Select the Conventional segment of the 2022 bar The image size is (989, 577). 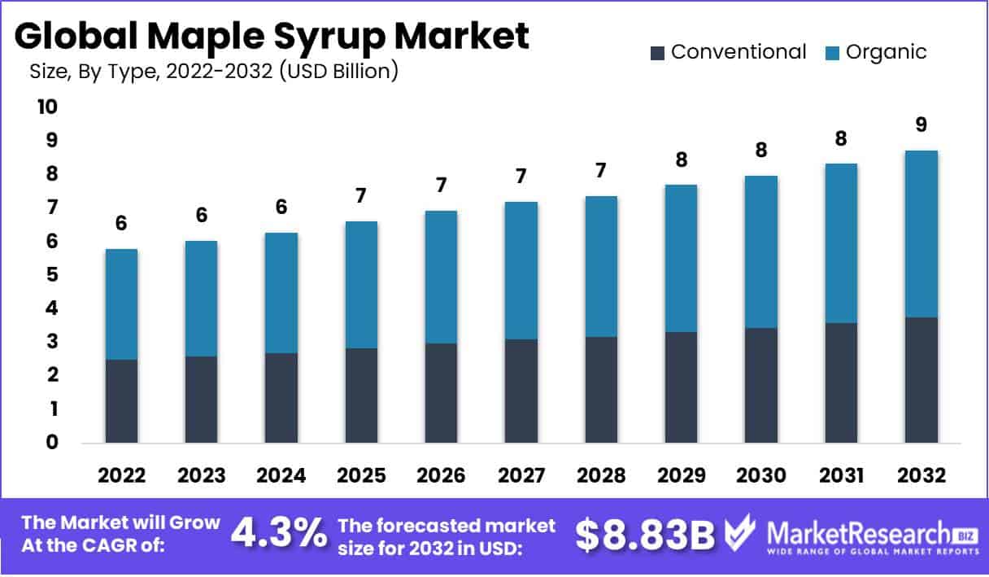click(x=121, y=401)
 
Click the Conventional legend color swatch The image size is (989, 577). click(x=657, y=54)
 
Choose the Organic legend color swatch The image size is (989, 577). click(x=832, y=54)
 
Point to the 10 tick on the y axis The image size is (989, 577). click(x=46, y=107)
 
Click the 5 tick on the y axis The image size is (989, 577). click(x=51, y=275)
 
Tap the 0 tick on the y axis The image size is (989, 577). click(x=51, y=443)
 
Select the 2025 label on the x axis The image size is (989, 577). click(x=360, y=476)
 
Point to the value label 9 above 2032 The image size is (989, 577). click(x=921, y=125)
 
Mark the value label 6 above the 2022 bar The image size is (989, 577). click(x=121, y=223)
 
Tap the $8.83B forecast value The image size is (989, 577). click(x=645, y=535)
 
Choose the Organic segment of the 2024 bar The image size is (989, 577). click(x=281, y=293)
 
